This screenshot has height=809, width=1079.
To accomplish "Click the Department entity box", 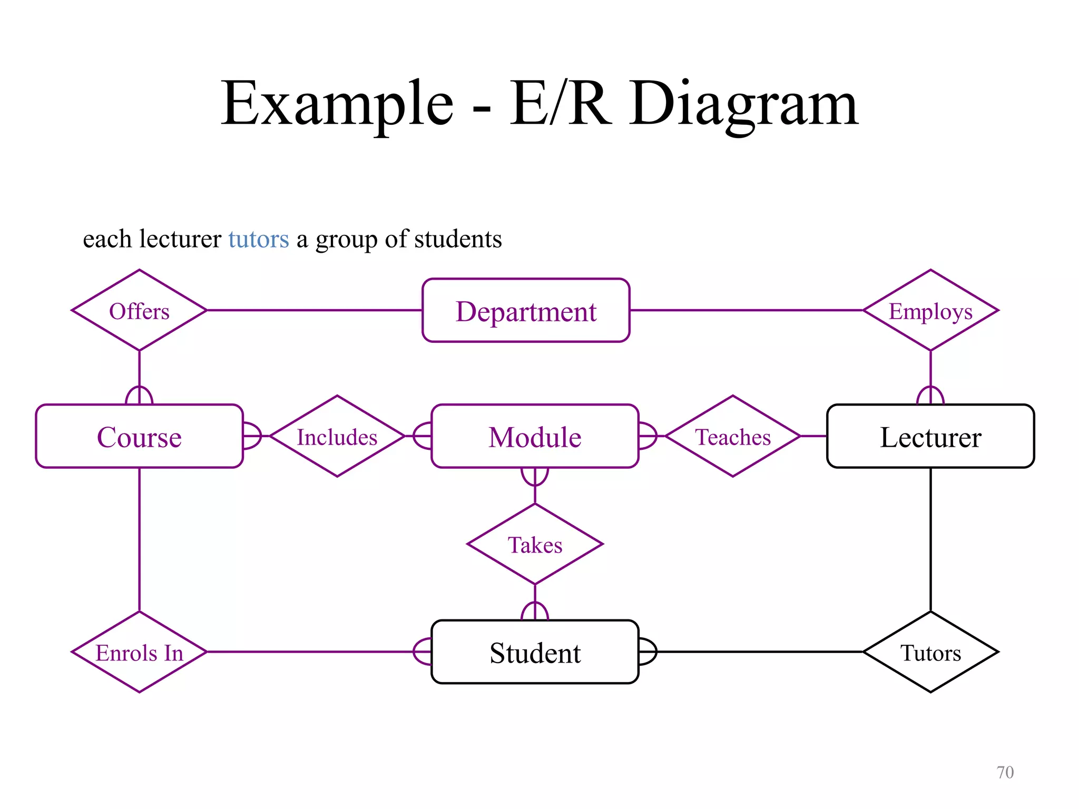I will (526, 311).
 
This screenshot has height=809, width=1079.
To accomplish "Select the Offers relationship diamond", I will (139, 311).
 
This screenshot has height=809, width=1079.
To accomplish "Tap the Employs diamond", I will (930, 311).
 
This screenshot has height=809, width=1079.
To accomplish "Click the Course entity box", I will (139, 437).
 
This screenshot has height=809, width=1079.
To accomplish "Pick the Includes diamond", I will (337, 437).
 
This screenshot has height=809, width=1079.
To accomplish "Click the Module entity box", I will (535, 437).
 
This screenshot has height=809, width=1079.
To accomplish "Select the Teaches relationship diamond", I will (733, 437).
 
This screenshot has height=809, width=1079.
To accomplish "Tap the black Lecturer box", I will (930, 437).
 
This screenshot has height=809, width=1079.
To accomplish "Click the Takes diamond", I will (535, 545).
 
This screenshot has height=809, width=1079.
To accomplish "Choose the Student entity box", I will (535, 653).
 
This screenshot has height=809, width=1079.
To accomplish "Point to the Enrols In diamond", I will (139, 653).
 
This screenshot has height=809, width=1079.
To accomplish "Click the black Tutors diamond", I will (930, 653).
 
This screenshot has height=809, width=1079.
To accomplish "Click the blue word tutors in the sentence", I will (258, 239).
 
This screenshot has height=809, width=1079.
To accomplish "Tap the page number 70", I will (1005, 772).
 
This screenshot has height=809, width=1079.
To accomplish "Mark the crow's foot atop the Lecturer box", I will (930, 396).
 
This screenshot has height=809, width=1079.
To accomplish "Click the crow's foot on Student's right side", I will (648, 652).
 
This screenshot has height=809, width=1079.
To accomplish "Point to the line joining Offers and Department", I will (315, 310).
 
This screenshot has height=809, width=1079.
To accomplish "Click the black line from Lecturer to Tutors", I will (930, 540).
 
